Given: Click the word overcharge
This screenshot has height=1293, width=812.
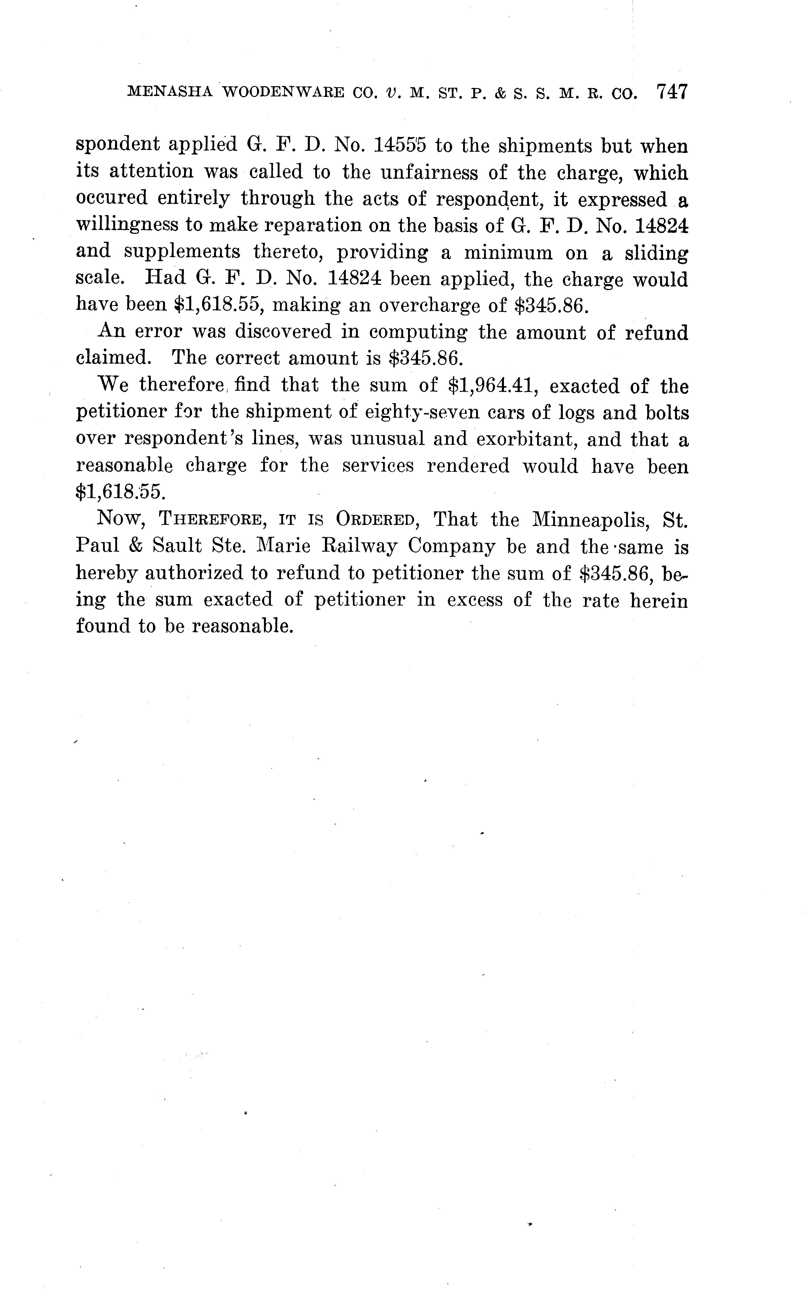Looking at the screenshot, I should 437,306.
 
